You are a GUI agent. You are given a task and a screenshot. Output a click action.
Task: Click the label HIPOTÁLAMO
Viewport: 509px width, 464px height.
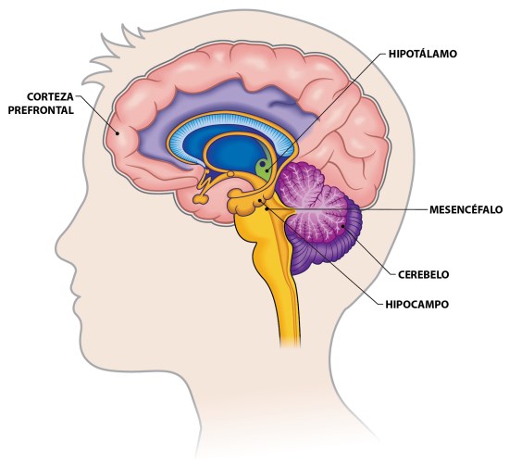click(423, 54)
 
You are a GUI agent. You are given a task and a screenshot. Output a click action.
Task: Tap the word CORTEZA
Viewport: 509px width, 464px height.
click(50, 97)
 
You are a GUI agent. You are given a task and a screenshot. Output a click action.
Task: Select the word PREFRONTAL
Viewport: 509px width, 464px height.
click(41, 110)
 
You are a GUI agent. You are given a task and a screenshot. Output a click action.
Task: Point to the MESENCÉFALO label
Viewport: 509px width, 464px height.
click(466, 210)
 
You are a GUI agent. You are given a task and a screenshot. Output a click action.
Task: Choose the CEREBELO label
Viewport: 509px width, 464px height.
click(423, 274)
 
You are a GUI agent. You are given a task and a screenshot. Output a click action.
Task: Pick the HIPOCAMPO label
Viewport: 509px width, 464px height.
click(417, 305)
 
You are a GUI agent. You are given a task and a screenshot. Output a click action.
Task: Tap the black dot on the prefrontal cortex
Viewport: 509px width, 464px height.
click(118, 132)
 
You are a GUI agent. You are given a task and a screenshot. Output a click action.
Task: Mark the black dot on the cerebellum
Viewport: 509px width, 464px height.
click(342, 225)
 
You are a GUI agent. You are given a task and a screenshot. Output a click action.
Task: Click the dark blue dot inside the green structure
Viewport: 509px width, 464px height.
click(262, 164)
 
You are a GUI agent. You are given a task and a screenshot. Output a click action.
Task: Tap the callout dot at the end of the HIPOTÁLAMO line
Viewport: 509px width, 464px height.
click(267, 169)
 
